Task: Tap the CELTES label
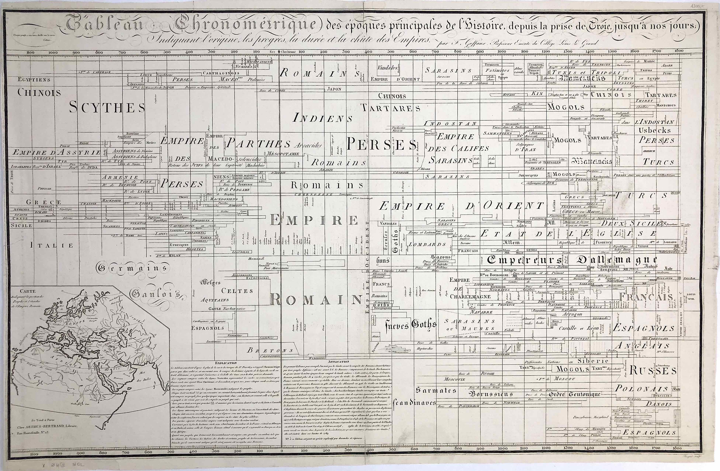point(237,291)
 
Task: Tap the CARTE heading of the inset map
point(28,291)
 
